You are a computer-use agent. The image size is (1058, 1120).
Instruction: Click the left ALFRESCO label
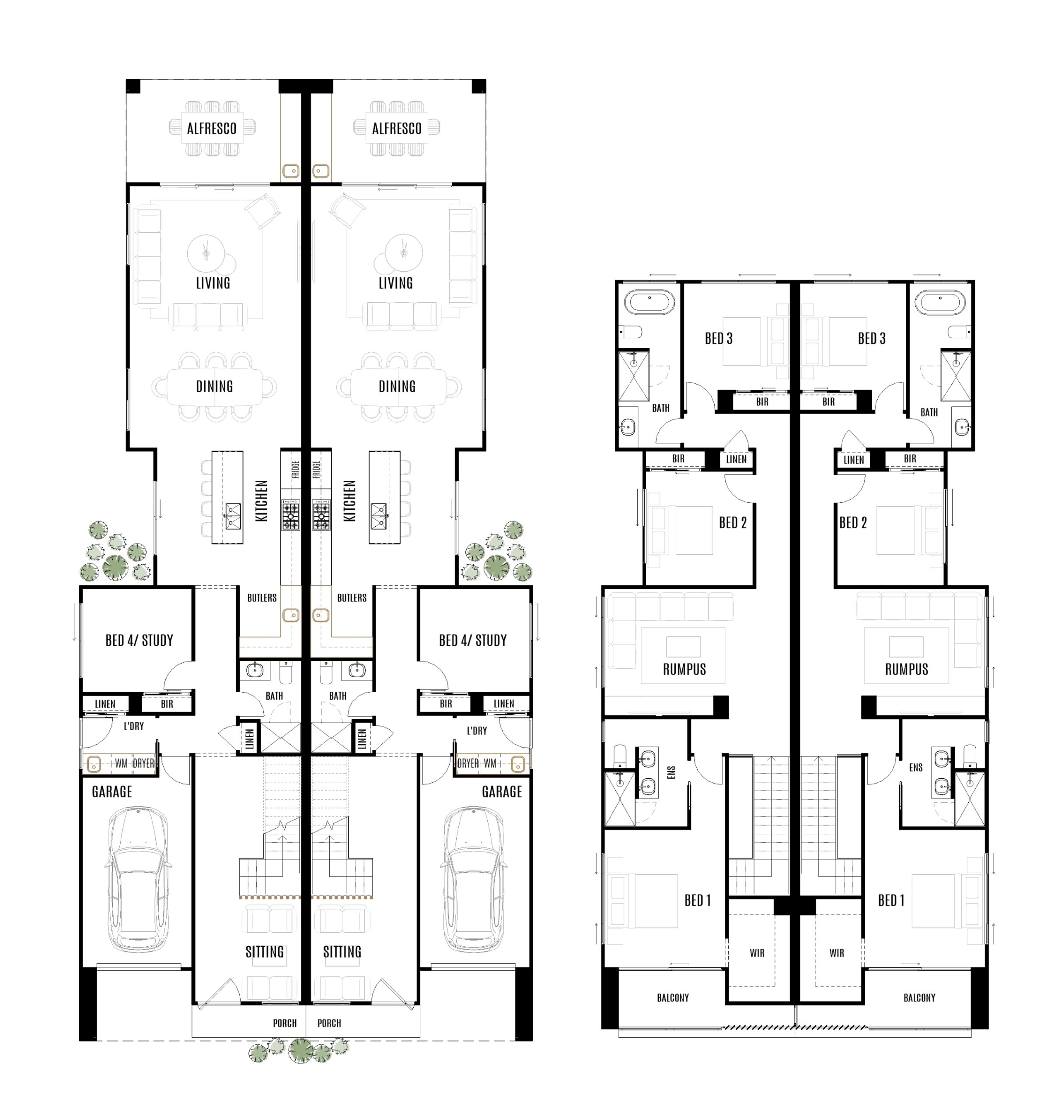pos(212,129)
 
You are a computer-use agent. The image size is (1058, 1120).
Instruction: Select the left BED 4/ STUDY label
pos(139,640)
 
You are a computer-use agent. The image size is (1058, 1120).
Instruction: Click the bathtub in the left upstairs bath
pos(649,303)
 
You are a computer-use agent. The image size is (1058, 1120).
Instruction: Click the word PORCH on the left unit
pos(284,1023)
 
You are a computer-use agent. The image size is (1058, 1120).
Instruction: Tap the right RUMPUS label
pos(906,669)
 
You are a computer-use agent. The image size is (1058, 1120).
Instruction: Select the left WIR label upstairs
pos(757,953)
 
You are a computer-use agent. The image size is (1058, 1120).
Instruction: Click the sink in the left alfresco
pos(291,170)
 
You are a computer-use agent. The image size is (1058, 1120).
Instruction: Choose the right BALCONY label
pos(919,997)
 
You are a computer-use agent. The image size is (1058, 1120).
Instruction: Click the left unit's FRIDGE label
pos(295,469)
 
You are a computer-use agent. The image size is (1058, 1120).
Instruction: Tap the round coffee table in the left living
pos(206,253)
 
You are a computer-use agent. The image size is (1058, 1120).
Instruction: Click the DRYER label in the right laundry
pos(468,763)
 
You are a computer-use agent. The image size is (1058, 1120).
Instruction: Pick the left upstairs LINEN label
pos(736,459)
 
